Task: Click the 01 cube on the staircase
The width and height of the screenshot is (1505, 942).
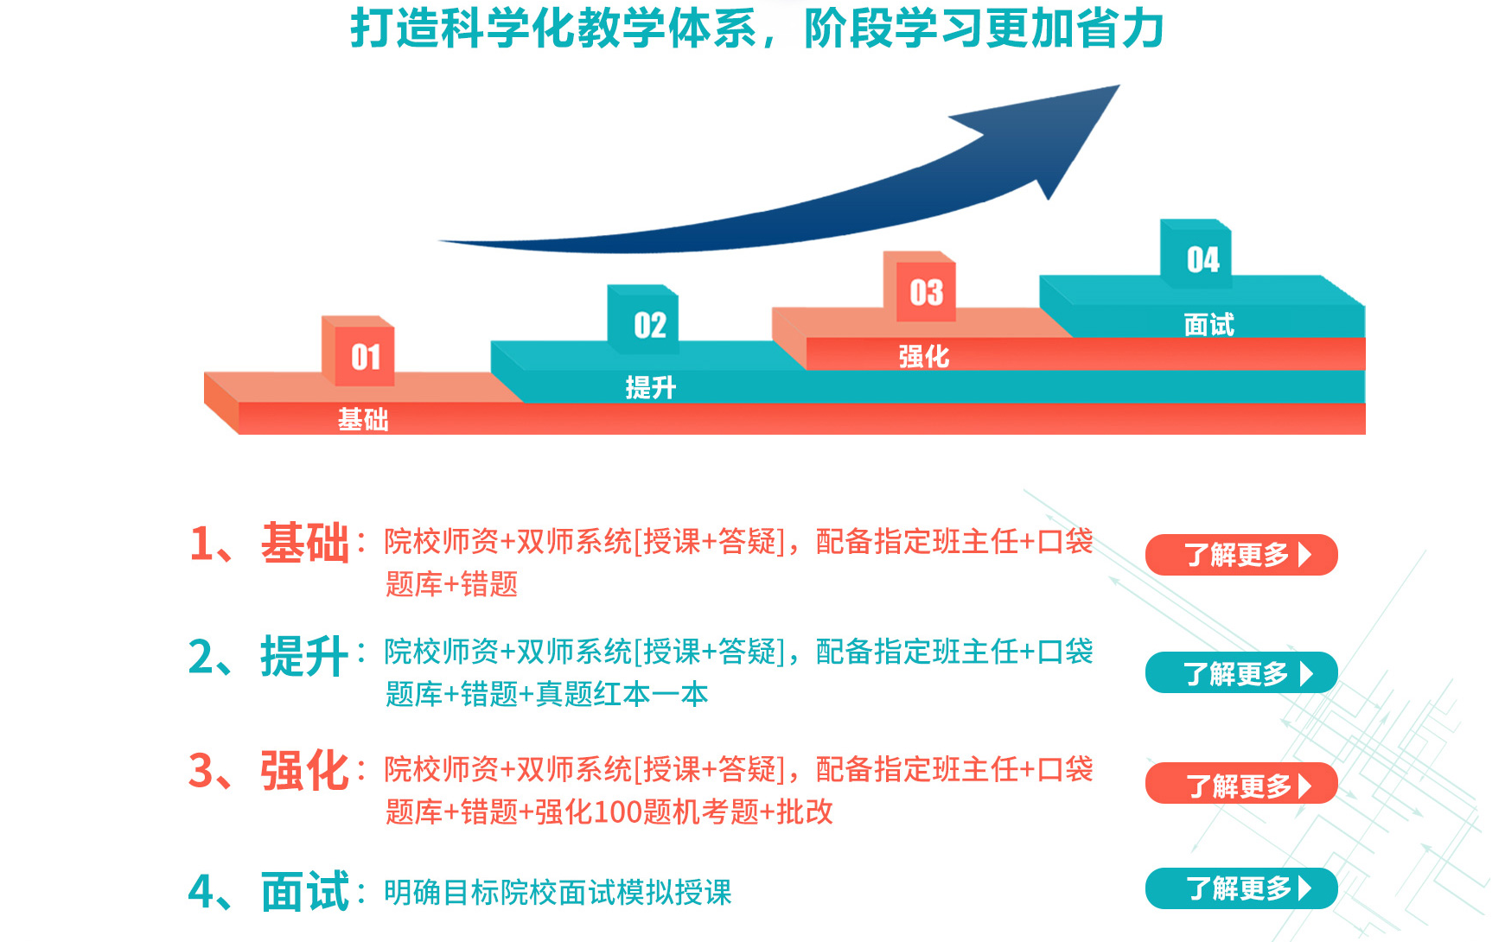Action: click(359, 351)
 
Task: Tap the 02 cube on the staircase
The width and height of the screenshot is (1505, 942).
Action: click(643, 320)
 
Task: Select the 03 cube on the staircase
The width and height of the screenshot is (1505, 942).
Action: click(920, 287)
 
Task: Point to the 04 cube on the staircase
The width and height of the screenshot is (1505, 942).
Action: click(1196, 254)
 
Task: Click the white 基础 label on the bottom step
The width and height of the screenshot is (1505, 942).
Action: click(363, 420)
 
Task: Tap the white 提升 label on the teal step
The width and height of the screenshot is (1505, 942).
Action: click(651, 387)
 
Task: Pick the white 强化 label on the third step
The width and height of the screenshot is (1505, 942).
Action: click(924, 356)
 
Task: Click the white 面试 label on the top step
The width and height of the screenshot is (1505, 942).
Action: click(1209, 325)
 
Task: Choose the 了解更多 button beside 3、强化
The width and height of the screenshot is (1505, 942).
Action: click(1241, 784)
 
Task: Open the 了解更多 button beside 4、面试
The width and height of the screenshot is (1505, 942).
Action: click(1241, 888)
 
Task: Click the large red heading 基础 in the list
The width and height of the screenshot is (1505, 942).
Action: click(305, 544)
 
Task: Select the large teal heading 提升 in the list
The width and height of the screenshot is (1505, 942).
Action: click(305, 657)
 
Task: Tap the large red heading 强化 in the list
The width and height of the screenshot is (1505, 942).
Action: click(305, 770)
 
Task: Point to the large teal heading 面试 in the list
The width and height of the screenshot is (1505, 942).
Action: click(305, 892)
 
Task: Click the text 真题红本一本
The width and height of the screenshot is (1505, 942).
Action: click(622, 694)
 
